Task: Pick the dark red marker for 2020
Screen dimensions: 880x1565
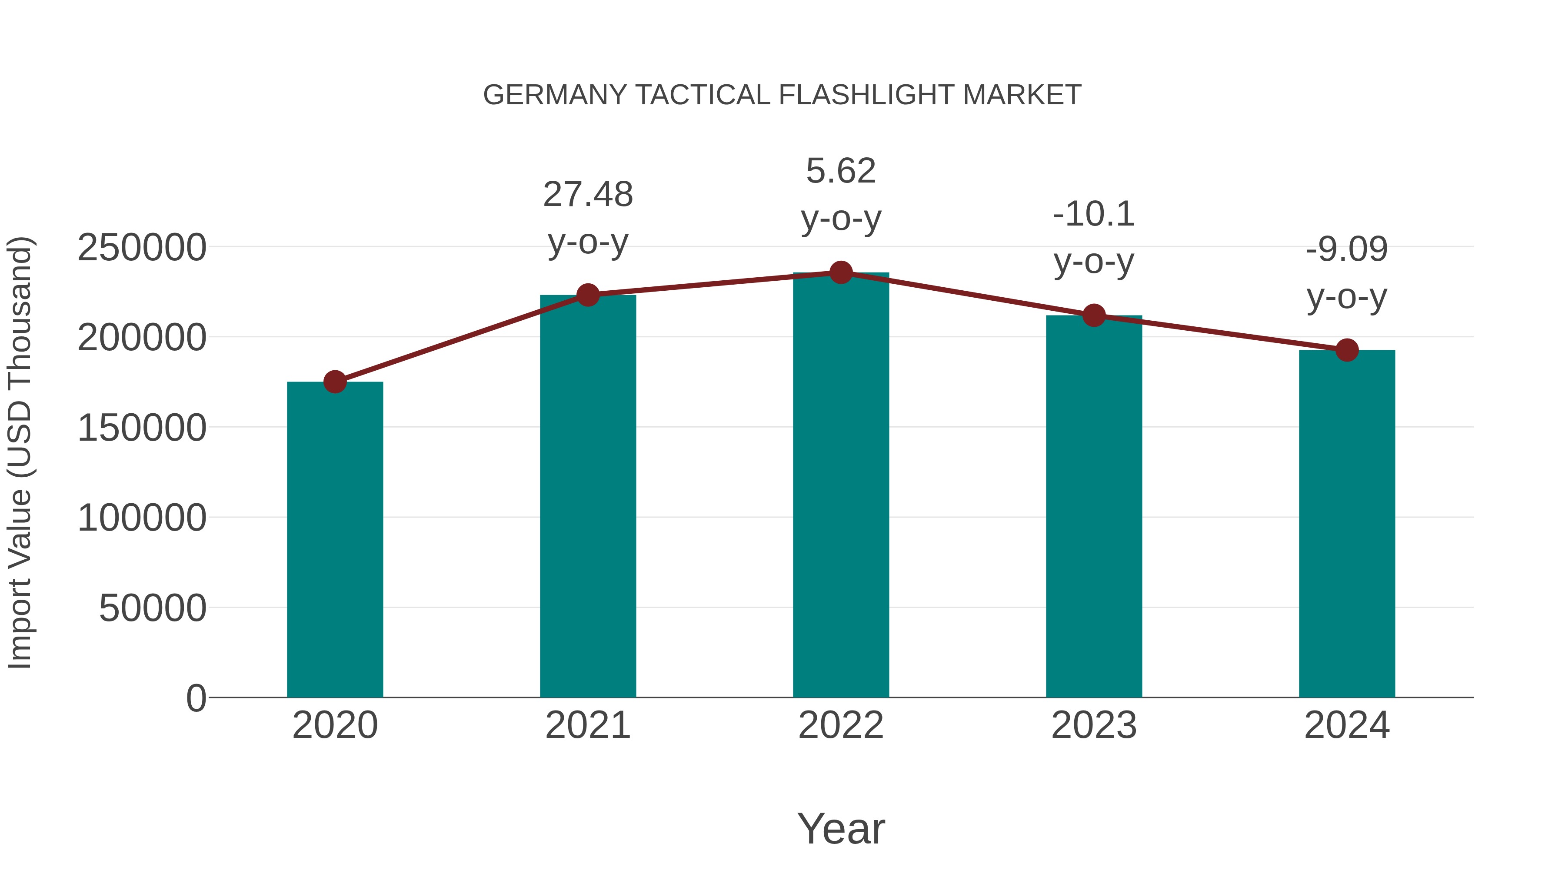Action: [335, 382]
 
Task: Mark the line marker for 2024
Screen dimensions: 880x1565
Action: [1347, 350]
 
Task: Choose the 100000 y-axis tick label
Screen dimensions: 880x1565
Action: [142, 518]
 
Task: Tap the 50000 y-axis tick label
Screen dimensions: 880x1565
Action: [153, 608]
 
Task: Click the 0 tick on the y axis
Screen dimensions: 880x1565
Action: [196, 698]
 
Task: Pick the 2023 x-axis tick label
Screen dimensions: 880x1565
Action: [1094, 725]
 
